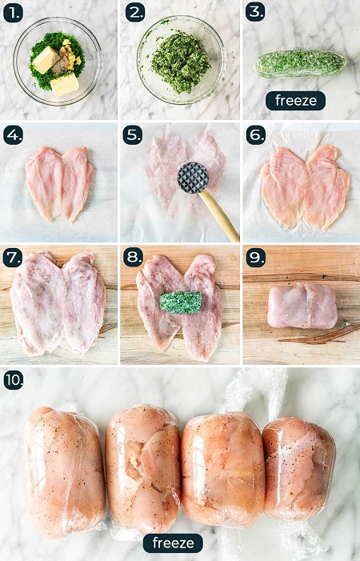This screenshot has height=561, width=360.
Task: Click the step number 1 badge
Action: click(13, 14)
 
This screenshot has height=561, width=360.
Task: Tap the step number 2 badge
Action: click(134, 14)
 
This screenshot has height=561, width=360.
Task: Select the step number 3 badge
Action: click(255, 12)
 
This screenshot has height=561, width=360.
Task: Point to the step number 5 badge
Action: click(133, 135)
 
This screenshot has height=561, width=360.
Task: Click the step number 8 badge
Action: click(133, 257)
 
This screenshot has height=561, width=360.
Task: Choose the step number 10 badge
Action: click(14, 380)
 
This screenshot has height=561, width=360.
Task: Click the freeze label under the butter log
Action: click(295, 101)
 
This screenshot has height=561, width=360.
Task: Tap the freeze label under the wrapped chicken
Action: click(173, 543)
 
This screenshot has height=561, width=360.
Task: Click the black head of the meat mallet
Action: click(193, 178)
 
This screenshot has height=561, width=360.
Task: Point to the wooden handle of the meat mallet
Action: click(218, 215)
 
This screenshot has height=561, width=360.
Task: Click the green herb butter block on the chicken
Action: click(181, 303)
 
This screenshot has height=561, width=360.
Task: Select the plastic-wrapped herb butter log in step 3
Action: click(300, 64)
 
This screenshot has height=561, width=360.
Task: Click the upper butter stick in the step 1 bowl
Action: click(46, 60)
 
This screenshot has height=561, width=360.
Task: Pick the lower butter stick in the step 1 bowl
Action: click(65, 85)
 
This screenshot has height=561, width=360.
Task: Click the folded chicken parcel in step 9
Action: click(302, 305)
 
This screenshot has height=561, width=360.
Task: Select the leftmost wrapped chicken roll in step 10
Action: click(63, 471)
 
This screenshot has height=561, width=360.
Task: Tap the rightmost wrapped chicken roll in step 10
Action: click(299, 469)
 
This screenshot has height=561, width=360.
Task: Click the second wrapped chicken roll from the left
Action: click(143, 469)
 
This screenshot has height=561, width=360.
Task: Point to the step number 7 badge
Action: click(13, 258)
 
